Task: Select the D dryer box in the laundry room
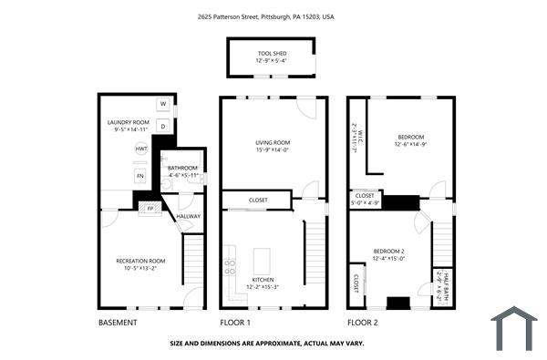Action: [163, 127]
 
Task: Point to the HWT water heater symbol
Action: [141, 149]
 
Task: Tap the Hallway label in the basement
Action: [189, 216]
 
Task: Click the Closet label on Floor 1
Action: [258, 200]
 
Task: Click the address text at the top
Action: [266, 16]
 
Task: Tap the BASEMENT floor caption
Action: [118, 323]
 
